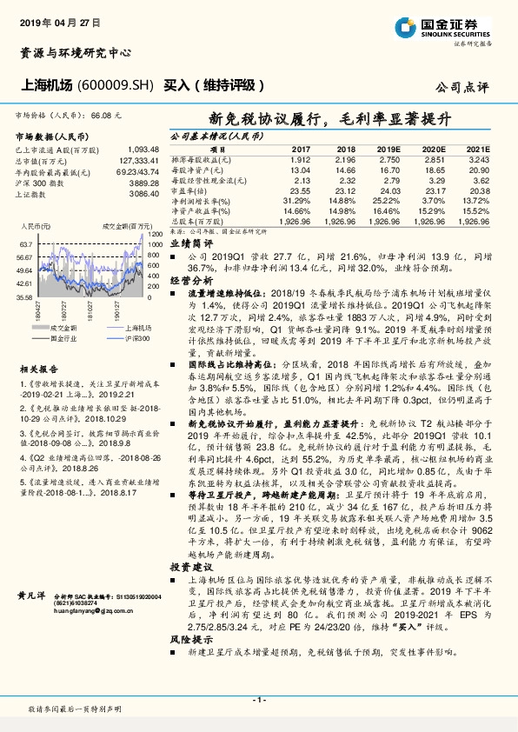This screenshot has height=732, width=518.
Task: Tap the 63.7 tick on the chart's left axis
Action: pyautogui.click(x=23, y=245)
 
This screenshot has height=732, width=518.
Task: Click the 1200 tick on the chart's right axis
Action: pyautogui.click(x=155, y=234)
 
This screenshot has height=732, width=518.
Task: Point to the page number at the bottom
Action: pyautogui.click(x=258, y=699)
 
